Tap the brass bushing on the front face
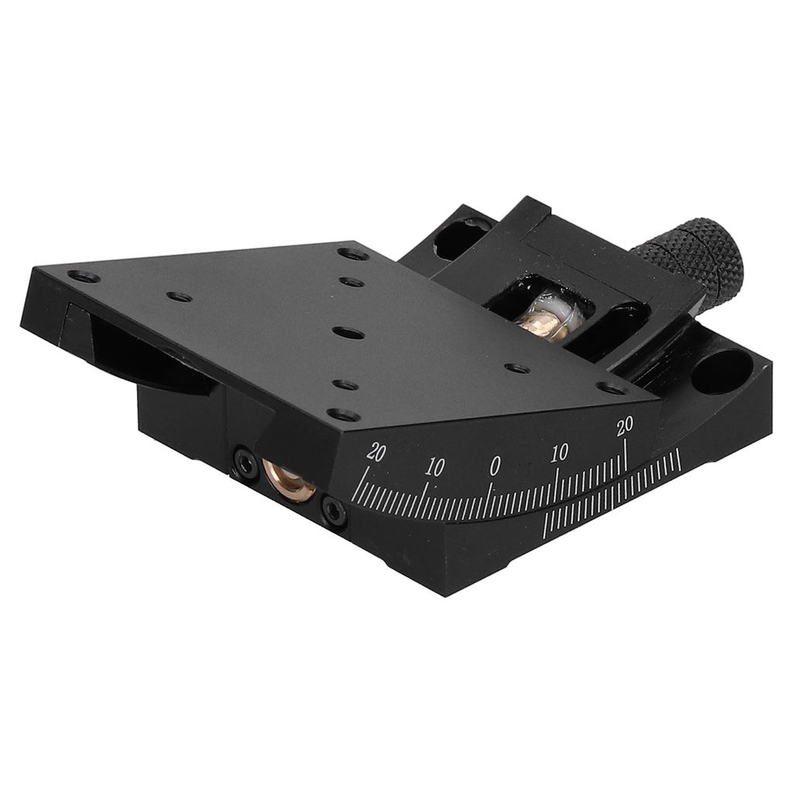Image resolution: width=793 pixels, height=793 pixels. (288, 478)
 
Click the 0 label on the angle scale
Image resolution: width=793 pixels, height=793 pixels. (494, 465)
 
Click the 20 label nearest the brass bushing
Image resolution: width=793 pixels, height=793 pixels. (376, 453)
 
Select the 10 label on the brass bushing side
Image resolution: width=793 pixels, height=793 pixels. (434, 467)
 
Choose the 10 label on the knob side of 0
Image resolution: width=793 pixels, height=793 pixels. (560, 453)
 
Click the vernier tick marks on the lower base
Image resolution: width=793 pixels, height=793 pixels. (612, 496)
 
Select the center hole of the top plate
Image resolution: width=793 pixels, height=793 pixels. (343, 331)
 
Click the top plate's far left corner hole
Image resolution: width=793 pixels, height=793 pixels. (83, 276)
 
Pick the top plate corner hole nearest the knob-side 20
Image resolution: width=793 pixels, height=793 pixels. (613, 388)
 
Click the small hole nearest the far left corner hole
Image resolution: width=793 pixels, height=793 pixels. (180, 297)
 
